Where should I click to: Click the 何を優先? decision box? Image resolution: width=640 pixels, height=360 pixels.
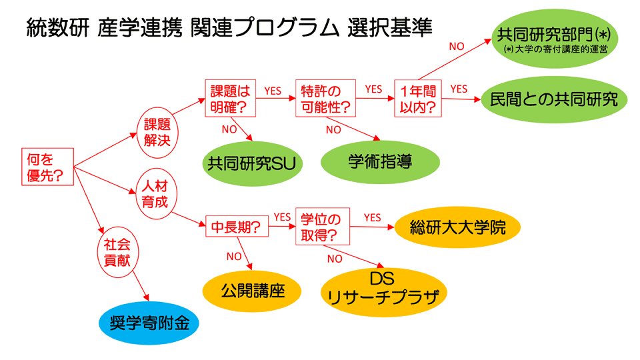pyautogui.click(x=47, y=167)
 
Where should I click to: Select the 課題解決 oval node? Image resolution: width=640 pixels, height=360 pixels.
pyautogui.click(x=157, y=132)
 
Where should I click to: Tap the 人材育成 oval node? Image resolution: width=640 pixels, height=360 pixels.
pyautogui.click(x=156, y=193)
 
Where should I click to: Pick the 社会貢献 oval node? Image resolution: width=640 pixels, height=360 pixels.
pyautogui.click(x=117, y=252)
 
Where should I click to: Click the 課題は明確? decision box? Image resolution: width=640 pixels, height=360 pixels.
pyautogui.click(x=230, y=98)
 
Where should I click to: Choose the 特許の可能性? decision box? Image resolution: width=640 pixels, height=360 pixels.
pyautogui.click(x=325, y=98)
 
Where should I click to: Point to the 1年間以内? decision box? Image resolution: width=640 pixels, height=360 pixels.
pyautogui.click(x=417, y=99)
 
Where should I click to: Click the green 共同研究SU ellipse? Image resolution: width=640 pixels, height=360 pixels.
pyautogui.click(x=252, y=164)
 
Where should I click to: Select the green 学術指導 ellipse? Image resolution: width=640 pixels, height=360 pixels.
pyautogui.click(x=380, y=162)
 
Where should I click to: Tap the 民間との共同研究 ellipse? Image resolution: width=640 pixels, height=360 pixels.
pyautogui.click(x=554, y=99)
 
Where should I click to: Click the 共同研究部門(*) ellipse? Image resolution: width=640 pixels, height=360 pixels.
pyautogui.click(x=554, y=39)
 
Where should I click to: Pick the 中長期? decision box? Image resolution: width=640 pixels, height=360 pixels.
pyautogui.click(x=237, y=226)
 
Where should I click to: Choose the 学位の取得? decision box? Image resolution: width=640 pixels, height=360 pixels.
pyautogui.click(x=323, y=227)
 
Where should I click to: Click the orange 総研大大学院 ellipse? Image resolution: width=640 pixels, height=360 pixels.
pyautogui.click(x=457, y=227)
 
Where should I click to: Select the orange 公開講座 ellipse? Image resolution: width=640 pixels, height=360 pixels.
pyautogui.click(x=252, y=291)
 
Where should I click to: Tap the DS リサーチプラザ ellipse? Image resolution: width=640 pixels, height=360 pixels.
pyautogui.click(x=383, y=292)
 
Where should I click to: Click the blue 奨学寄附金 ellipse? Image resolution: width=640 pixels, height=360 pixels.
pyautogui.click(x=149, y=323)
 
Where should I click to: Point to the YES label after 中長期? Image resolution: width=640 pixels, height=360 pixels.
pyautogui.click(x=282, y=217)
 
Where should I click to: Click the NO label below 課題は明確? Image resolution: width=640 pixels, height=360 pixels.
pyautogui.click(x=229, y=129)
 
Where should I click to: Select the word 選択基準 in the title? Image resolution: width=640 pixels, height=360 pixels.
pyautogui.click(x=390, y=28)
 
